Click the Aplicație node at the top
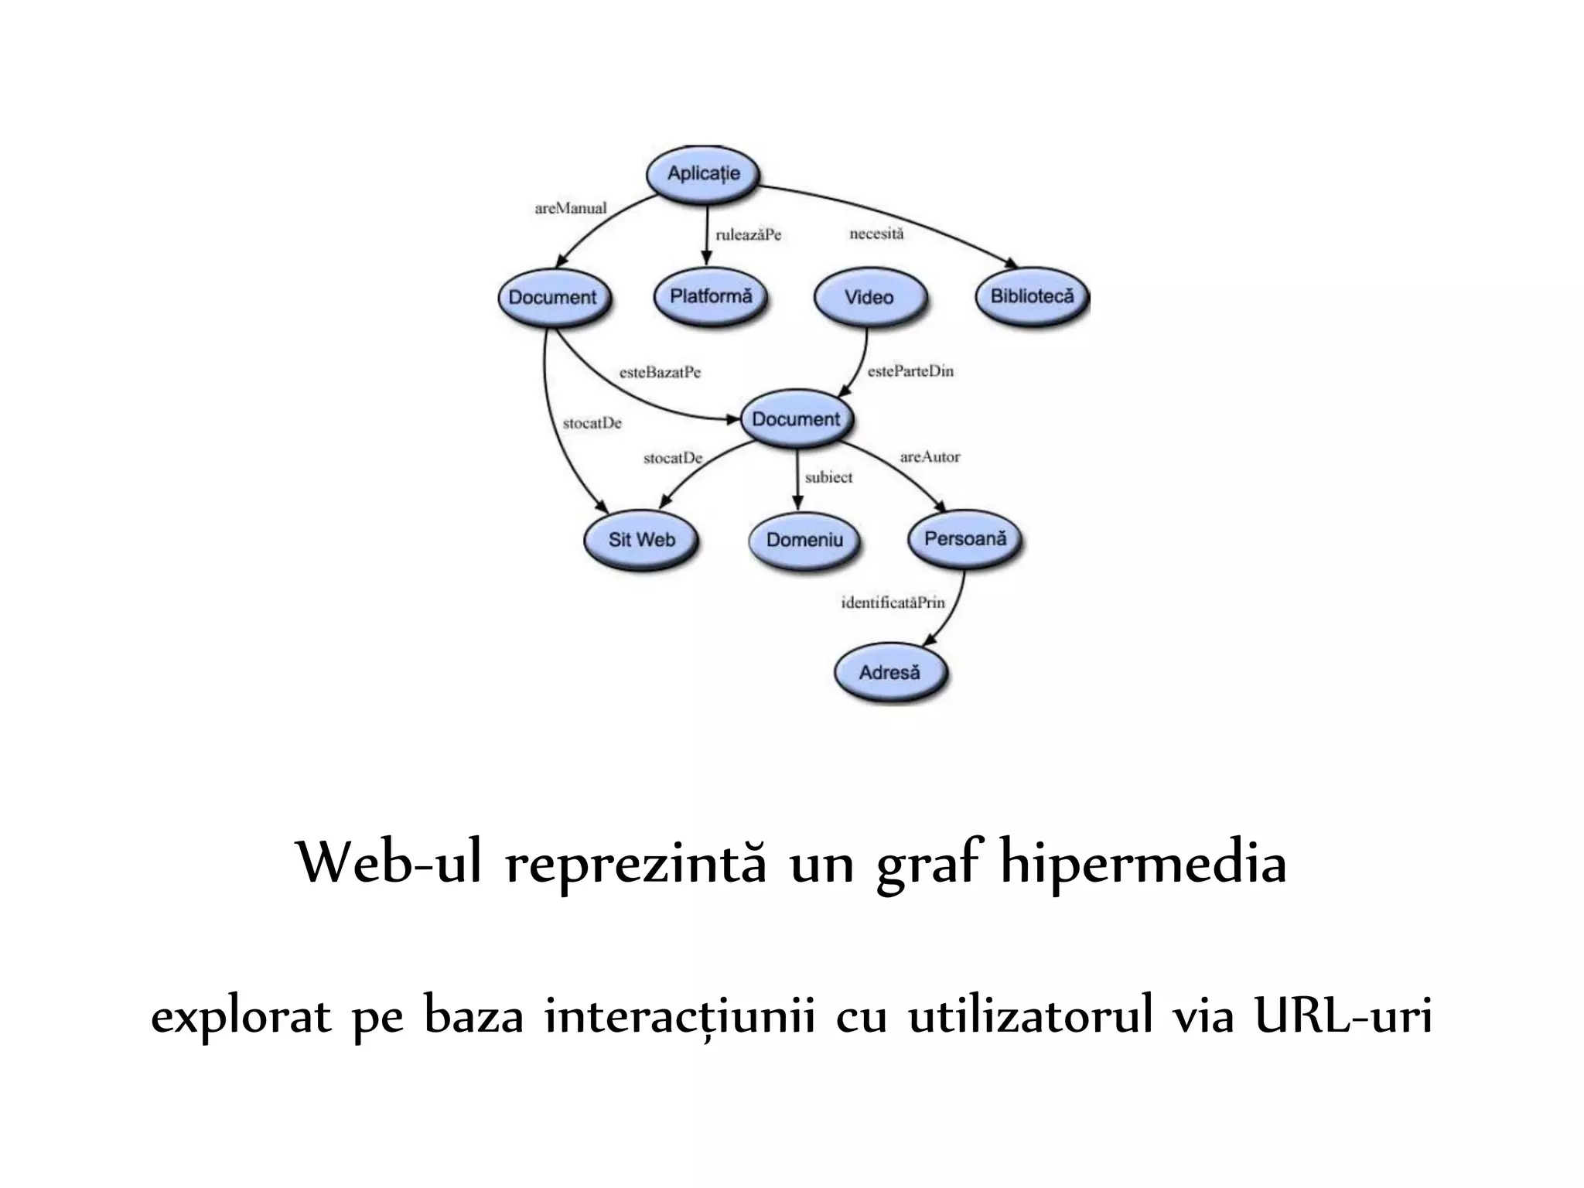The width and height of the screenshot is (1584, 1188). pyautogui.click(x=703, y=174)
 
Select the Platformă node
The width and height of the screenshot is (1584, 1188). pyautogui.click(x=711, y=296)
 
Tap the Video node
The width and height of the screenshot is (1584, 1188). pyautogui.click(x=869, y=298)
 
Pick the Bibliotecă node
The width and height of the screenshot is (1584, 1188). pyautogui.click(x=1032, y=296)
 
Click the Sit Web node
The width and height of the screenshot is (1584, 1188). pyautogui.click(x=641, y=540)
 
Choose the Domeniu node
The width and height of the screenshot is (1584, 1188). pyautogui.click(x=804, y=540)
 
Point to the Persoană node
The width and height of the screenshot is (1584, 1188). pyautogui.click(x=965, y=538)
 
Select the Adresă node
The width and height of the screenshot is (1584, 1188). pyautogui.click(x=889, y=672)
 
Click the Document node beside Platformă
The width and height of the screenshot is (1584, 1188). pyautogui.click(x=553, y=298)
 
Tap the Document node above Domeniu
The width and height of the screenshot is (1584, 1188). pyautogui.click(x=796, y=419)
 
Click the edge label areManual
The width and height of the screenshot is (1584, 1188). pyautogui.click(x=571, y=208)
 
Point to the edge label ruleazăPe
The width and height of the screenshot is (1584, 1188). pyautogui.click(x=748, y=235)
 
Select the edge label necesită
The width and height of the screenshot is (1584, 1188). pyautogui.click(x=876, y=234)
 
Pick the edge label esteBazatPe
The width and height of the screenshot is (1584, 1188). pyautogui.click(x=660, y=373)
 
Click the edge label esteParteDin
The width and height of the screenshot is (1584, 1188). pyautogui.click(x=910, y=371)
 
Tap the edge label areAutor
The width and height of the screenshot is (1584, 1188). pyautogui.click(x=930, y=457)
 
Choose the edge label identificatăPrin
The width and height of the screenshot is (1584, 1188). pyautogui.click(x=893, y=603)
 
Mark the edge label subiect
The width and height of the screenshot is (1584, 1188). pyautogui.click(x=828, y=478)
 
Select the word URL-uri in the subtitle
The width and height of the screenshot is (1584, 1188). pyautogui.click(x=1343, y=1016)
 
